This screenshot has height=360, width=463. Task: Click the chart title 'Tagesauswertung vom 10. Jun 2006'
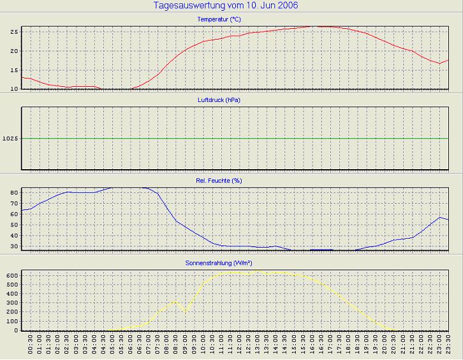click(x=226, y=6)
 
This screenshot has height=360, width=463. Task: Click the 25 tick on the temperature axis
click(x=13, y=31)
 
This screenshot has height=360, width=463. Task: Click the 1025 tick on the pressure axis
click(x=10, y=139)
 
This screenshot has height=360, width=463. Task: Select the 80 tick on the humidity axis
click(x=13, y=191)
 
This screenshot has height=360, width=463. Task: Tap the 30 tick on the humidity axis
click(x=13, y=246)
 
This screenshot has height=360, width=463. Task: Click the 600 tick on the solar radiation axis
click(x=11, y=274)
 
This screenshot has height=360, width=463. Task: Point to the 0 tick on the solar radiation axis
click(x=16, y=330)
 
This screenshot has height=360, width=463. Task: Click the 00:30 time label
click(x=31, y=345)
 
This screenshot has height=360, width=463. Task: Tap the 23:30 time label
click(x=449, y=345)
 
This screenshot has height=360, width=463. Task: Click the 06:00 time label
click(x=131, y=345)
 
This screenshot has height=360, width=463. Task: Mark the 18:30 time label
click(x=358, y=345)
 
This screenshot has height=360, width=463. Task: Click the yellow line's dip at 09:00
click(x=186, y=311)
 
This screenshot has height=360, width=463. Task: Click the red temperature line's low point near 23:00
click(x=439, y=63)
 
